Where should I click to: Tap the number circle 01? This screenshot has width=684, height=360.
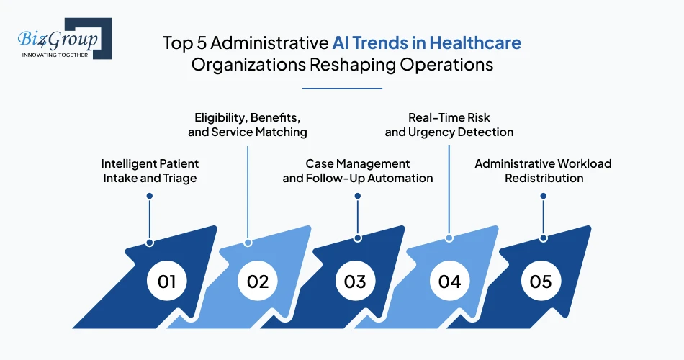point(167,281)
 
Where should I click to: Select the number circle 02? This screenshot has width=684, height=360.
point(257,281)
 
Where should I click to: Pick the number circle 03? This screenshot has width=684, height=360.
point(355,281)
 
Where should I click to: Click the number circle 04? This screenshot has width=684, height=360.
point(449,281)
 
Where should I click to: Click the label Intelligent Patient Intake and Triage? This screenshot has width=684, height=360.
point(150,171)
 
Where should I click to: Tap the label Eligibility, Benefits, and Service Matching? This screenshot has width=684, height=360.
point(248,125)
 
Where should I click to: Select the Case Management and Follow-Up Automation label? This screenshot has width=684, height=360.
point(358,171)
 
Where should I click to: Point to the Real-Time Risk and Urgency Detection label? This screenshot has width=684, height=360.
point(449,125)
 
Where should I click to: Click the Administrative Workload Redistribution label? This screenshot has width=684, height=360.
point(543,171)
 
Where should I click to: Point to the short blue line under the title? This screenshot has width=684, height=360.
point(342,89)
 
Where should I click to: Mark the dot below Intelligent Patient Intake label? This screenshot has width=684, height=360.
point(150,196)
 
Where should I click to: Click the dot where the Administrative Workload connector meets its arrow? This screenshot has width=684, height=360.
point(543,238)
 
